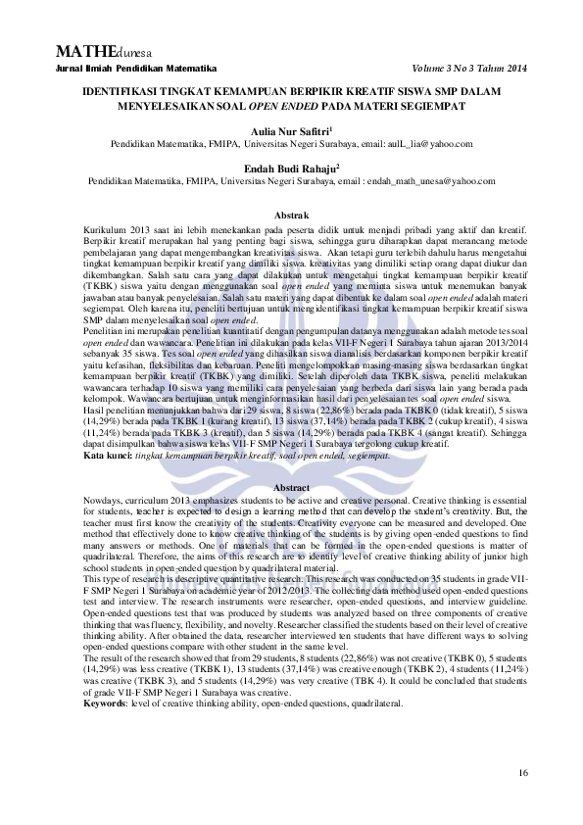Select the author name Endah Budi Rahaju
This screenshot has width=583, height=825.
(291, 169)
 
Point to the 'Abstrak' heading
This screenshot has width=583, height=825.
(291, 215)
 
